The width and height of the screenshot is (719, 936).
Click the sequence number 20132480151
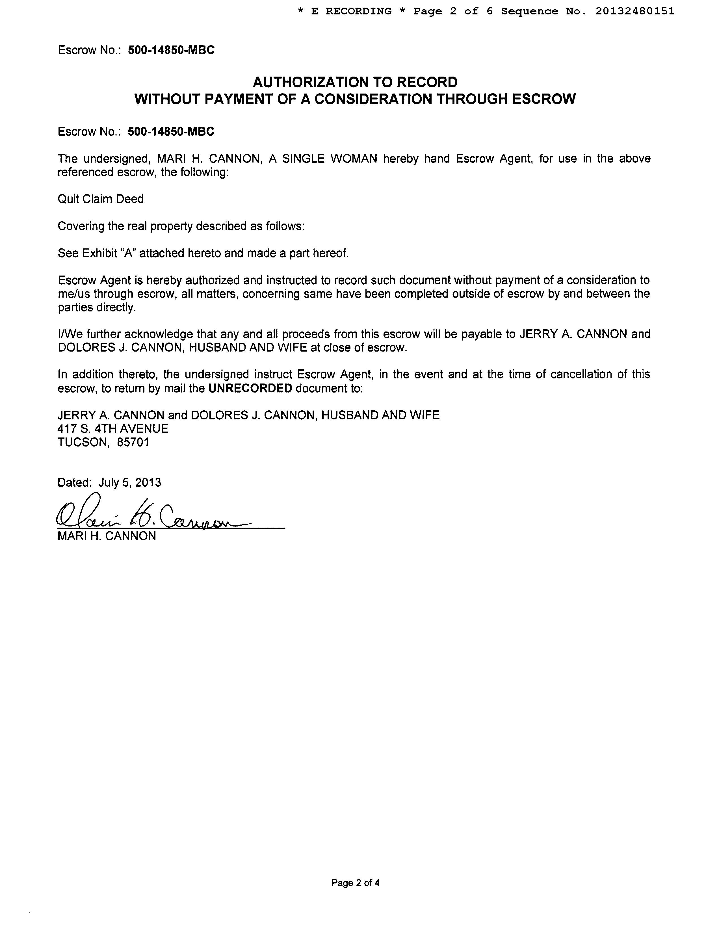(x=635, y=11)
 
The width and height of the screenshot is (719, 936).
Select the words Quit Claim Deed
(x=101, y=199)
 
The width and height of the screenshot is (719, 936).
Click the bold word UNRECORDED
(x=250, y=388)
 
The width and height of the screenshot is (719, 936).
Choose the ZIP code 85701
(x=133, y=442)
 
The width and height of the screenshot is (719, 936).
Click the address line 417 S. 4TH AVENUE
(x=113, y=428)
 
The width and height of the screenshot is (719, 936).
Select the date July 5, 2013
(x=130, y=482)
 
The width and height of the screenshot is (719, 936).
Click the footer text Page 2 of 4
(x=355, y=883)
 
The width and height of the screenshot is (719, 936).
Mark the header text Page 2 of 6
(x=453, y=11)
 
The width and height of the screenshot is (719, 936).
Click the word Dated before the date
(x=73, y=482)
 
